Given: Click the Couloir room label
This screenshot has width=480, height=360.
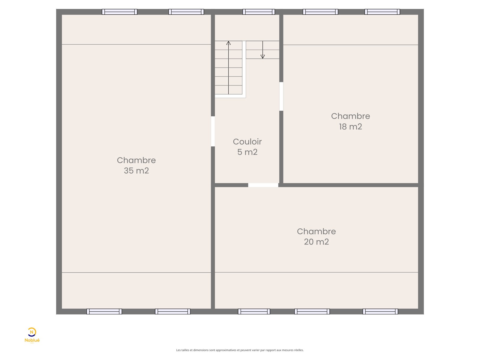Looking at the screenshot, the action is [x=247, y=142].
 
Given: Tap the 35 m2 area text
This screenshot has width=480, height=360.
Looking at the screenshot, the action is [x=136, y=171].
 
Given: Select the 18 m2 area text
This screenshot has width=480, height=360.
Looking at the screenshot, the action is [x=350, y=127].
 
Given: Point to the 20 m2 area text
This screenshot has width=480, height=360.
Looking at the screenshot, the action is [x=316, y=242].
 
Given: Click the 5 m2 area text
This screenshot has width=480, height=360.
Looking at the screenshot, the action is [x=247, y=152].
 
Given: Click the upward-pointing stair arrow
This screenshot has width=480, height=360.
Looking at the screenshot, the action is [x=229, y=67].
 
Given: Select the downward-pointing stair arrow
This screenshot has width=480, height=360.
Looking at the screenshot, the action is [x=262, y=50].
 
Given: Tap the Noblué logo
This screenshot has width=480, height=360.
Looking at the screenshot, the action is [x=32, y=335].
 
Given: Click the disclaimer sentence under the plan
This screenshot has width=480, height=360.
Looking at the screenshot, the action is [x=240, y=350].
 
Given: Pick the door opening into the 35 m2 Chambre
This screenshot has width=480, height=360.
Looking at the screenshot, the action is [x=213, y=131].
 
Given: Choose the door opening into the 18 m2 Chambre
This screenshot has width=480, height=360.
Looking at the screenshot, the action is [x=281, y=96].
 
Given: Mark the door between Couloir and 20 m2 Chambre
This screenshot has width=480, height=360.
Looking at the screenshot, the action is [x=263, y=185].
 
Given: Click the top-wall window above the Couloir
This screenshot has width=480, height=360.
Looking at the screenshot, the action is [x=259, y=12].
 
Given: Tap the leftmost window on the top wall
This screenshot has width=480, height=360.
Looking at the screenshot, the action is [x=120, y=12].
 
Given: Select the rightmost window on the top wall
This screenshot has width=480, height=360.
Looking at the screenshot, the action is [x=382, y=12].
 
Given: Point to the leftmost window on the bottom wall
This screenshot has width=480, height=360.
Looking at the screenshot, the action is [x=104, y=311].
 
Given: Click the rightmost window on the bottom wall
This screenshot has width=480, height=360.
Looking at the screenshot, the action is [x=380, y=311].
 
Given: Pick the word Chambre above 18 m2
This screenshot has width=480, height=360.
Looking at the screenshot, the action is [x=350, y=116].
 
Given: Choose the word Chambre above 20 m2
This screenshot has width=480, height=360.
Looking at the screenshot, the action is [x=316, y=231].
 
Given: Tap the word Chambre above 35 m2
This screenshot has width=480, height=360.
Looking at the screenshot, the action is [x=136, y=160].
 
